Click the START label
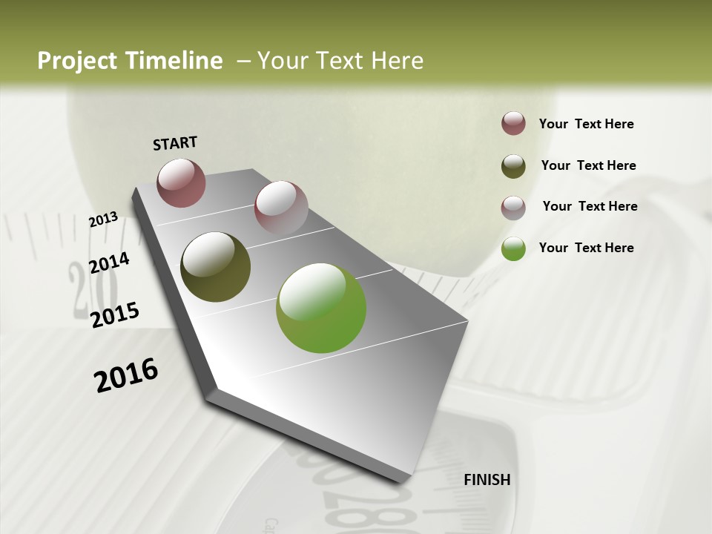[x=175, y=143]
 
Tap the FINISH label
[x=487, y=480]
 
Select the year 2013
[x=104, y=219]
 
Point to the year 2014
[x=109, y=263]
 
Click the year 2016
[x=126, y=375]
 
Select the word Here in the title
[x=397, y=61]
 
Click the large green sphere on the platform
[x=321, y=308]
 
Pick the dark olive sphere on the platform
[x=215, y=267]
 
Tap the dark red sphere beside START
[x=181, y=182]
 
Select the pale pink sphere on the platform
[x=281, y=207]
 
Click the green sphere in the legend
[x=513, y=248]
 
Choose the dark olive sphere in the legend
[x=513, y=166]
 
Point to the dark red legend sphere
[x=513, y=123]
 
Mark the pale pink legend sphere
[x=513, y=208]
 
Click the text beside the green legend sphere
[x=586, y=248]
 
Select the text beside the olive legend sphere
[x=588, y=165]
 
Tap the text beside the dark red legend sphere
[x=586, y=124]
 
